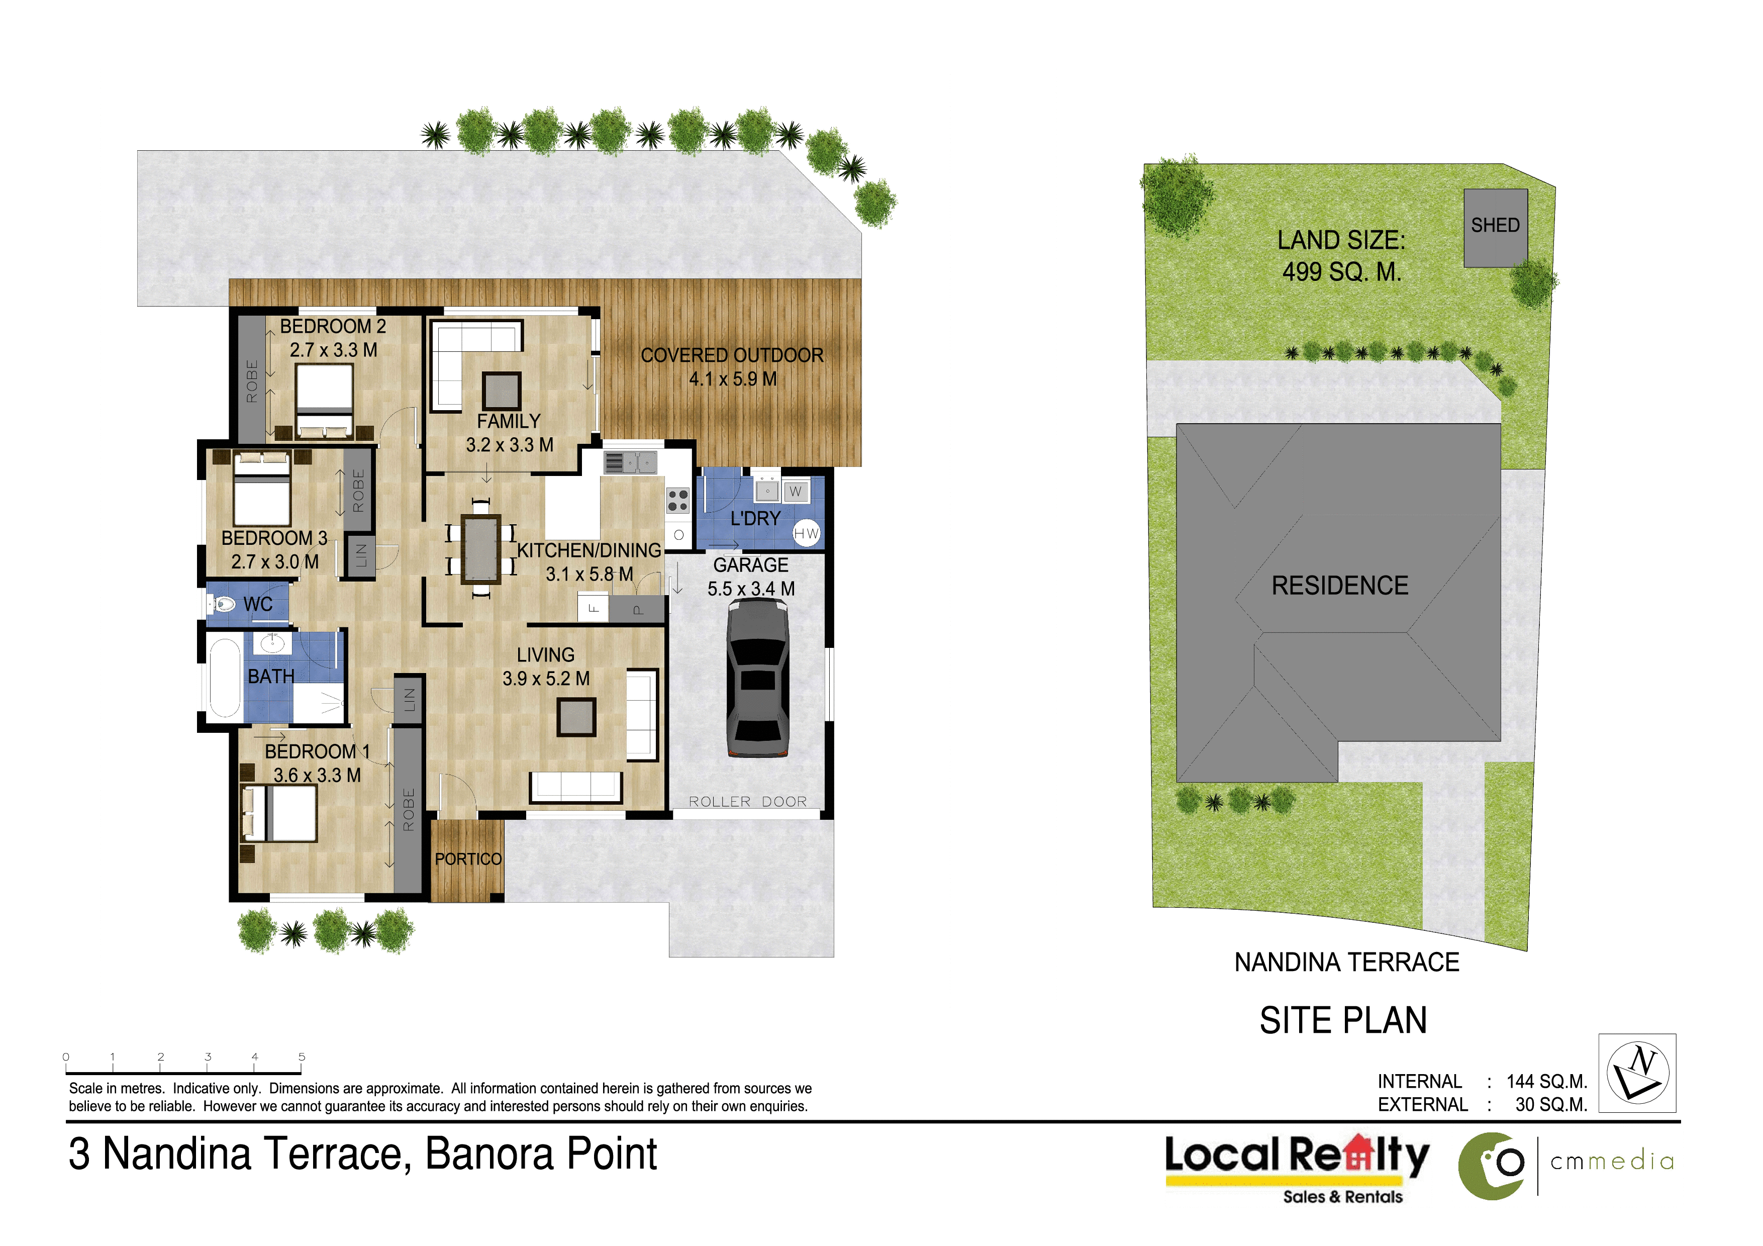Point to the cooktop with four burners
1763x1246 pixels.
(677, 501)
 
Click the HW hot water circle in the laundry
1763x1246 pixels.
(806, 534)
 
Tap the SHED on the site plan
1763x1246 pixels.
(1495, 228)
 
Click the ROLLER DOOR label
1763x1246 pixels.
(747, 802)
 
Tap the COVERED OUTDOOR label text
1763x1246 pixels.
(732, 355)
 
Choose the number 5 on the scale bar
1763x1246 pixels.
(302, 1057)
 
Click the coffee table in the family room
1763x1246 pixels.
(502, 391)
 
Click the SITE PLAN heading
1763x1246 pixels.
(1343, 1020)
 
